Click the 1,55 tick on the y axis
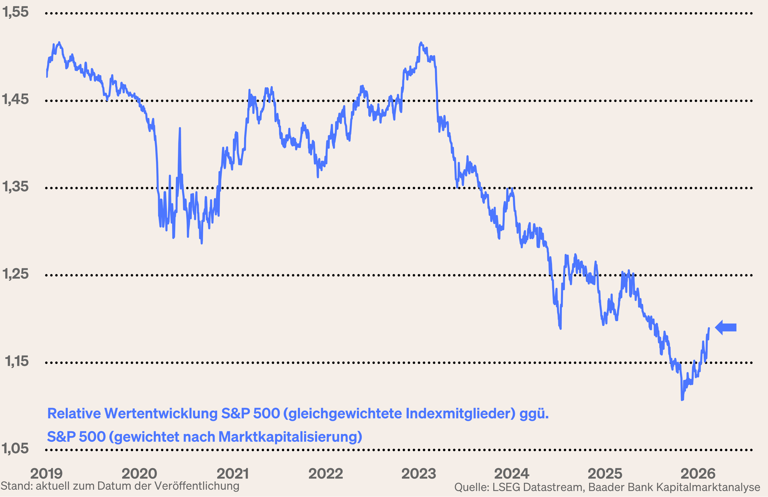[x=15, y=12]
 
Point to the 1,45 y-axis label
[x=15, y=99]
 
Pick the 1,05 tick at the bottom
[x=15, y=449]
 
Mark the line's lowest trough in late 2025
[x=682, y=400]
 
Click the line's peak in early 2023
[x=421, y=43]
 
